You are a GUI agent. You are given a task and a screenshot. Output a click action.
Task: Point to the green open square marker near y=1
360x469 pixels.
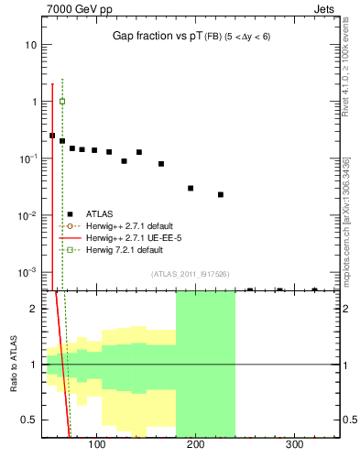click(62, 101)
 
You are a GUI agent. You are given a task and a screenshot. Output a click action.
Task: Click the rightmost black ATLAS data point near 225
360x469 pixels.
click(221, 194)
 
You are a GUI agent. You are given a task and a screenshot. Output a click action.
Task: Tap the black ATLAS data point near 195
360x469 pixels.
click(191, 188)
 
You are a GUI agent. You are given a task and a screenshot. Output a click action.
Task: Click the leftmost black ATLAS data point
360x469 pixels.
click(52, 136)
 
